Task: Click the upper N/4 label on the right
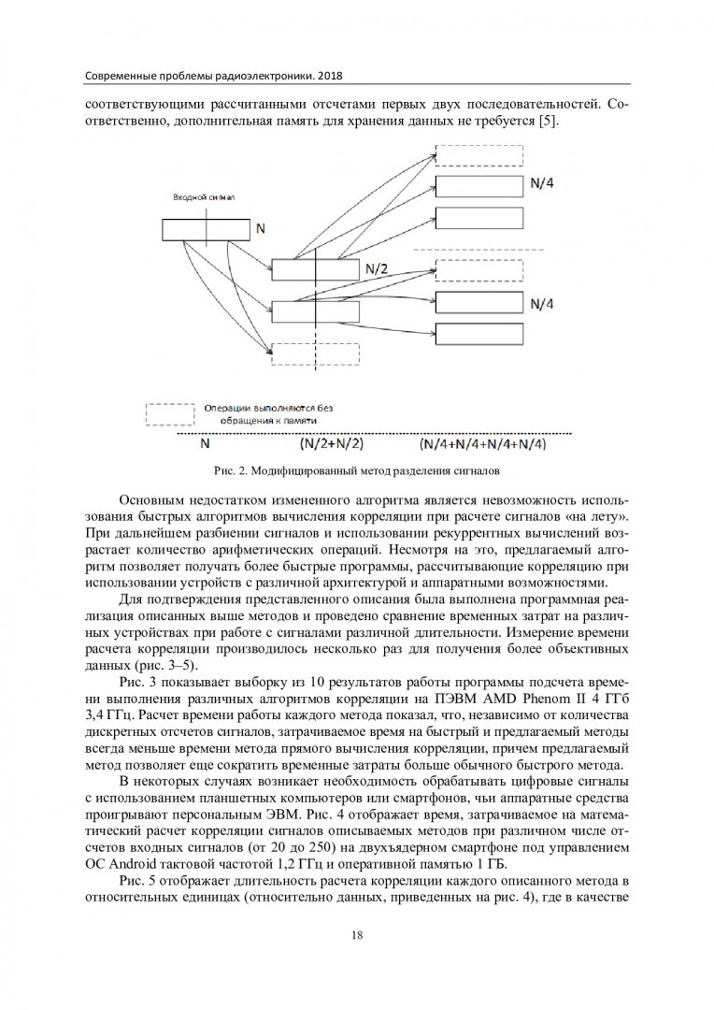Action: (x=543, y=185)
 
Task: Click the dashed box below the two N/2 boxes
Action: (x=315, y=353)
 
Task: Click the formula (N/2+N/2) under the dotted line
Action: (x=319, y=443)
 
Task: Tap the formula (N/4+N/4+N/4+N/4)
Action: (x=483, y=443)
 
